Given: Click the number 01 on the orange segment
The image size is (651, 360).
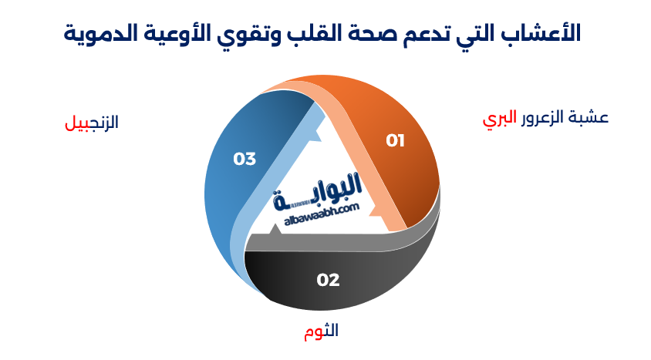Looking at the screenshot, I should (396, 140).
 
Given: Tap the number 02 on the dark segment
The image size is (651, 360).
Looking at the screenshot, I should (328, 280).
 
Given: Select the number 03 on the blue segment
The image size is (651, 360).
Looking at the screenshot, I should (245, 160).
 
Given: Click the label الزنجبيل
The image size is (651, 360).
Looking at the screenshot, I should (92, 123).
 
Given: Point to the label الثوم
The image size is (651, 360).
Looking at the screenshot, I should (321, 331).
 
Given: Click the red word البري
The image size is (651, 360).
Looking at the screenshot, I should (498, 119).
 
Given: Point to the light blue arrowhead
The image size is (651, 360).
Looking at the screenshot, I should (313, 137).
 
